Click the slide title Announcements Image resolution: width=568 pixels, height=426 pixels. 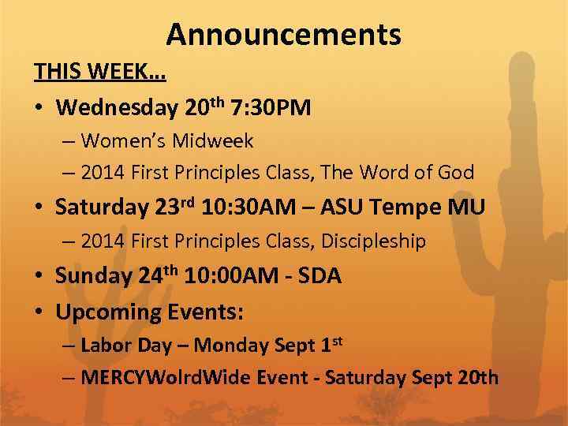[x=283, y=35]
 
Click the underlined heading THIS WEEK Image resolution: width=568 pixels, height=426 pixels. [x=99, y=72]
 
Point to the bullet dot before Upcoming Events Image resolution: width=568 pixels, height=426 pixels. [x=38, y=312]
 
